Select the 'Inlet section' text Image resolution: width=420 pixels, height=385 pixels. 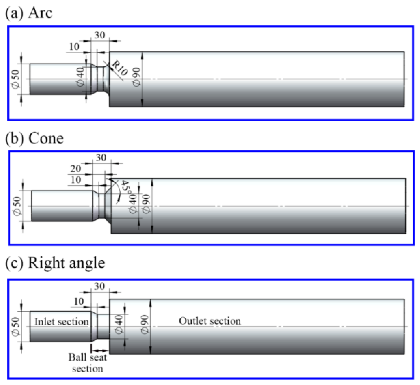pyautogui.click(x=61, y=322)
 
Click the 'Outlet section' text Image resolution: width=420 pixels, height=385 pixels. pyautogui.click(x=210, y=321)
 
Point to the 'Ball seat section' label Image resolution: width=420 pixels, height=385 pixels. pyautogui.click(x=88, y=363)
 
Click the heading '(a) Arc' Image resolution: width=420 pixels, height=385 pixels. pyautogui.click(x=29, y=13)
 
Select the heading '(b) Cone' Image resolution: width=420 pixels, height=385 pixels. pyautogui.click(x=34, y=138)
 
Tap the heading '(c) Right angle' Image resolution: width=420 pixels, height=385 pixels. pyautogui.click(x=55, y=263)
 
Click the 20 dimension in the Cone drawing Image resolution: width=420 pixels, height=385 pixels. pyautogui.click(x=75, y=169)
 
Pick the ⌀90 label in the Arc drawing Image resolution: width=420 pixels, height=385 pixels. pyautogui.click(x=137, y=77)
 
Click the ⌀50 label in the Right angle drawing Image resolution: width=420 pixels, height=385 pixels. pyautogui.click(x=16, y=327)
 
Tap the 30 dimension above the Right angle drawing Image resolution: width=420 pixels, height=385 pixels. pyautogui.click(x=99, y=286)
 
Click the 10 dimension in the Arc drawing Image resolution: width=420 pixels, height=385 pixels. pyautogui.click(x=74, y=47)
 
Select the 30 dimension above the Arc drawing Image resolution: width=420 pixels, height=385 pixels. pyautogui.click(x=100, y=35)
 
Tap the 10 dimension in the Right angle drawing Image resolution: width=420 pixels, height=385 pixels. pyautogui.click(x=79, y=301)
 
